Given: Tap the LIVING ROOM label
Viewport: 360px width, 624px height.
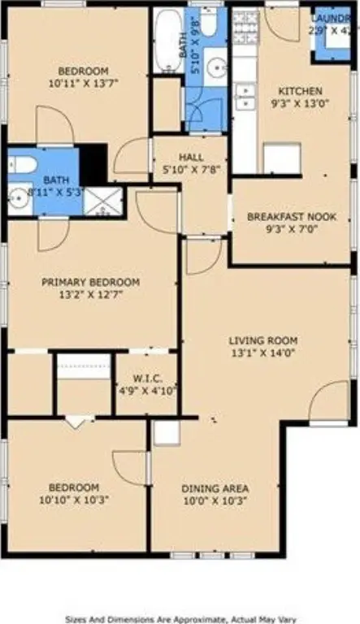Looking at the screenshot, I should (262, 340).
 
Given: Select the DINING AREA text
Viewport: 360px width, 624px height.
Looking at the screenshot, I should (215, 489).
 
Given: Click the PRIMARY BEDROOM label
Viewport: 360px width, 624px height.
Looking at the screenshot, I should (90, 282).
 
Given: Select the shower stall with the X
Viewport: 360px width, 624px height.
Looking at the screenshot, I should (103, 201).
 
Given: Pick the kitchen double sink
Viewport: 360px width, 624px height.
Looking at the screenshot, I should (245, 97).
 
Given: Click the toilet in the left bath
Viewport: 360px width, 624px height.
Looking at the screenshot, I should (22, 165).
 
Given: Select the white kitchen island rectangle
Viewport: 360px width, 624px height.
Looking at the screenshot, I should (281, 158).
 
